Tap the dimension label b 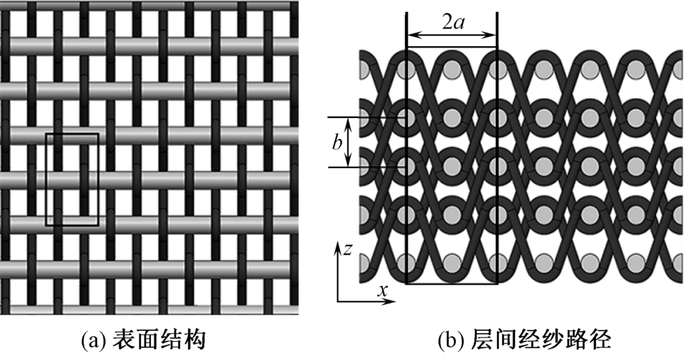tap(337, 142)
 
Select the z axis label tap(346, 248)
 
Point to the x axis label tap(383, 291)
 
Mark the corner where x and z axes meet tap(338, 301)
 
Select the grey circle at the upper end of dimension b tap(406, 117)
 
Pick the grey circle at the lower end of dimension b tap(406, 167)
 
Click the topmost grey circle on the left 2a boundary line tap(406, 68)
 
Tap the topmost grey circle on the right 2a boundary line tap(496, 68)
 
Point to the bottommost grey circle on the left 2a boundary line tap(406, 263)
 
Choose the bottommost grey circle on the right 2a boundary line tap(496, 263)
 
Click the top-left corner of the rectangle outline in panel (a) tap(46, 133)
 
